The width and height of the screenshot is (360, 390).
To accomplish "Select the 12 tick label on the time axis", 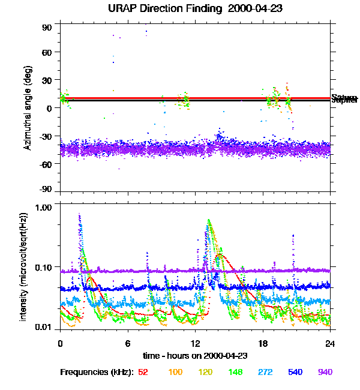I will [x=196, y=344].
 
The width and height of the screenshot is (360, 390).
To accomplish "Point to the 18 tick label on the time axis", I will [x=263, y=344].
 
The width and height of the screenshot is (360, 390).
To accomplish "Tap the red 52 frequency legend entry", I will [x=143, y=373].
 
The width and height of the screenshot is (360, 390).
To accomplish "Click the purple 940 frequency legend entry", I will [x=325, y=373].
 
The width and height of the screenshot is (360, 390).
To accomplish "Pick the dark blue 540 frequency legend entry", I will [x=295, y=373].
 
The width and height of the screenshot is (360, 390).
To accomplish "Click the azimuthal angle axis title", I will [x=28, y=108].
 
